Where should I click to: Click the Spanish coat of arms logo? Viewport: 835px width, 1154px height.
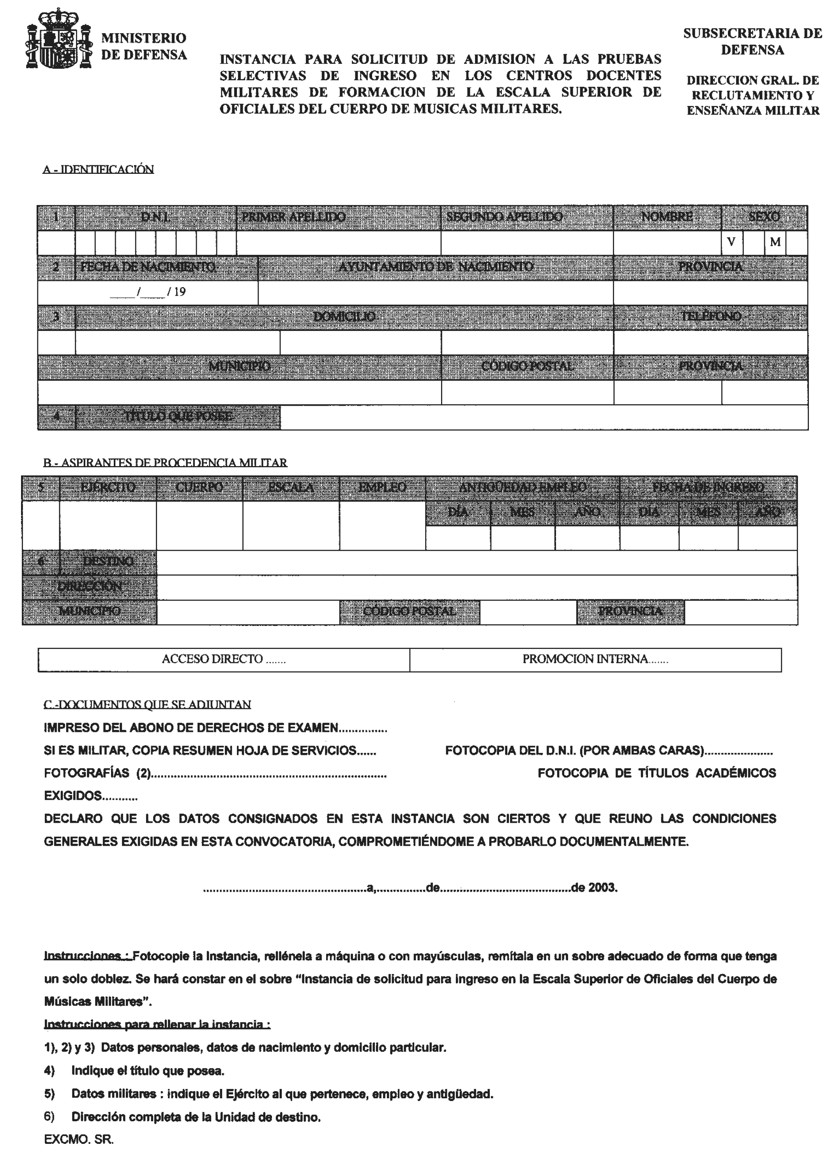tap(58, 40)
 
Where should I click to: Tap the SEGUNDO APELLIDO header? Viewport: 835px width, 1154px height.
tap(504, 217)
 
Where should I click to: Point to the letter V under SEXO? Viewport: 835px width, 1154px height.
tap(731, 242)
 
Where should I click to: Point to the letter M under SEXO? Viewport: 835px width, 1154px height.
tap(775, 242)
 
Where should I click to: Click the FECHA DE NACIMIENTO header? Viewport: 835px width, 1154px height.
tap(148, 267)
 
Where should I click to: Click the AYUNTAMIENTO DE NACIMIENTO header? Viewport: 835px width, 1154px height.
tap(436, 267)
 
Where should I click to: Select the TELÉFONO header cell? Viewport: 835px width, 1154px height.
tap(710, 316)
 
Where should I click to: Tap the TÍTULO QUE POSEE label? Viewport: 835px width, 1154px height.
tap(178, 417)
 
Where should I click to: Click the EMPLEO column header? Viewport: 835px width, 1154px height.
tap(382, 488)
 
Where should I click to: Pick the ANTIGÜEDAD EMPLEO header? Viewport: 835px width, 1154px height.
tap(522, 488)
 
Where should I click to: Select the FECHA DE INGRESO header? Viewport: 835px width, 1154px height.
tap(708, 488)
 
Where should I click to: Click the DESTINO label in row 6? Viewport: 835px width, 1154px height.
tap(108, 562)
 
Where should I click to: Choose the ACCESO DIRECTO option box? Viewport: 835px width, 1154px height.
tap(224, 659)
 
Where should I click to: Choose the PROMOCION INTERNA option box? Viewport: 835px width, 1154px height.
tap(595, 659)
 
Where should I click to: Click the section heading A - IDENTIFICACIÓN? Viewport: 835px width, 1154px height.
tap(98, 170)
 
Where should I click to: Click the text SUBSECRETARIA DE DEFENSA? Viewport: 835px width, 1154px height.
tap(752, 42)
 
